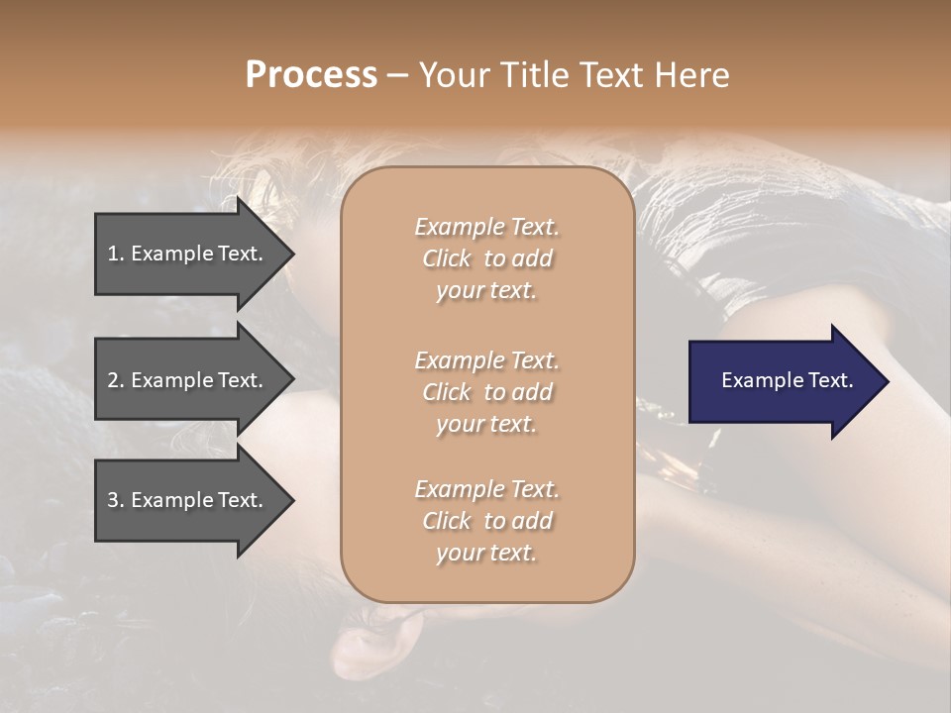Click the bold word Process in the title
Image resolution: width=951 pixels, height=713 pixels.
(311, 74)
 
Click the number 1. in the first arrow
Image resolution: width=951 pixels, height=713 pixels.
(115, 254)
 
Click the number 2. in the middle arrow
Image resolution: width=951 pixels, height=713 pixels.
(115, 380)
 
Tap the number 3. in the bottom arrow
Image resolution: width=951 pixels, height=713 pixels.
(115, 500)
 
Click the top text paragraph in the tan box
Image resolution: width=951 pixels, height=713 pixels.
(486, 258)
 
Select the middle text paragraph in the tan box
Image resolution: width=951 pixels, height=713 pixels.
(486, 392)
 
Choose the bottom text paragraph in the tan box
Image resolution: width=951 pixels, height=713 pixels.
(486, 521)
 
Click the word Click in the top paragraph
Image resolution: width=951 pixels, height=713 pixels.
(447, 258)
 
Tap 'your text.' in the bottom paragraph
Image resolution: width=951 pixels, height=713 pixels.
(486, 553)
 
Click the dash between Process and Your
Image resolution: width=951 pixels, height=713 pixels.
(397, 75)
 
